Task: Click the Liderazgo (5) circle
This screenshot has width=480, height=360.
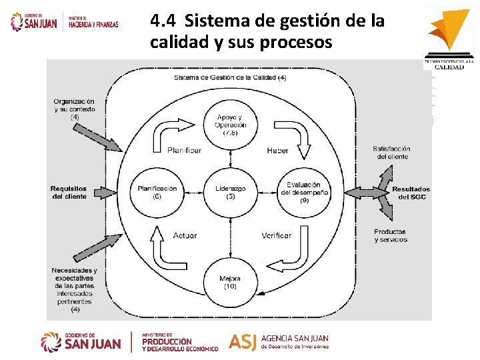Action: click(x=230, y=192)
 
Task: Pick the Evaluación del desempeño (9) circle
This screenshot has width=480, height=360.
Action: click(x=304, y=192)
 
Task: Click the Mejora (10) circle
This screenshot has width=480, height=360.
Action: click(x=230, y=281)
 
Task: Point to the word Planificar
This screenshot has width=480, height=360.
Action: click(x=184, y=151)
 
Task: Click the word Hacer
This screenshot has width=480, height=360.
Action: click(x=277, y=151)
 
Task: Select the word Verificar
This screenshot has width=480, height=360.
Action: click(x=276, y=235)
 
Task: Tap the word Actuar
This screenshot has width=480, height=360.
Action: click(x=185, y=235)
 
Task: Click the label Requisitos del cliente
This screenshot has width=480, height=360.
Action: click(x=69, y=193)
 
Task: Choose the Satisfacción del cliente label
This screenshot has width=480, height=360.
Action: click(x=391, y=153)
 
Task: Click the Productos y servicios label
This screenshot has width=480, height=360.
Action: click(x=390, y=235)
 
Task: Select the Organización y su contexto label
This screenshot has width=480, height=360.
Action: click(x=75, y=109)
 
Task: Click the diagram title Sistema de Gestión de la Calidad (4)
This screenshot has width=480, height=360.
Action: click(x=230, y=78)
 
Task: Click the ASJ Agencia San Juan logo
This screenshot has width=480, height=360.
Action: click(x=279, y=341)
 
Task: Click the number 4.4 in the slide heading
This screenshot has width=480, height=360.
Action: click(x=163, y=21)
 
